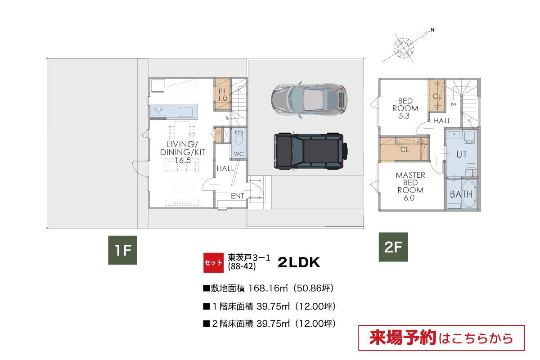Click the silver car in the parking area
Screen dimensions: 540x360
tap(309, 100)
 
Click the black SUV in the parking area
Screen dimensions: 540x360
tap(311, 151)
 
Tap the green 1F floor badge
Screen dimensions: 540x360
tap(123, 250)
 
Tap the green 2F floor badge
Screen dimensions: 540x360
tap(393, 247)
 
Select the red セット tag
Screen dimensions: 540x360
tap(213, 263)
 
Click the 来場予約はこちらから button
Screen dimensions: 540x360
tap(441, 338)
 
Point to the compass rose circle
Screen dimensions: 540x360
tap(404, 48)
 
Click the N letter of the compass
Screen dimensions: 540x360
tap(432, 30)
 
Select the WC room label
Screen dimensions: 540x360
tap(238, 154)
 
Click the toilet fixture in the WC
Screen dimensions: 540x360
tap(238, 137)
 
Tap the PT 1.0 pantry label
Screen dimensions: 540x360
tap(222, 95)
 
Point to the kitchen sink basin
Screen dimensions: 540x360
tap(185, 112)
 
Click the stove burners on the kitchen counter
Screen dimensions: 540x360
tap(158, 111)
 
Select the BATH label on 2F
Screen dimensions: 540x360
tap(461, 194)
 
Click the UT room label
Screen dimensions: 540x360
tap(461, 154)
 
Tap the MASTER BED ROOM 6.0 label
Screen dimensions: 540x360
tap(410, 186)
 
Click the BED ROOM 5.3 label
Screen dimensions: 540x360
tap(405, 108)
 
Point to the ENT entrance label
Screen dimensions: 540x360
tap(238, 196)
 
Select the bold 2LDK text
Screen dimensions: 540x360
tap(299, 263)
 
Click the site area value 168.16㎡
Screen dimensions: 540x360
tap(268, 288)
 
